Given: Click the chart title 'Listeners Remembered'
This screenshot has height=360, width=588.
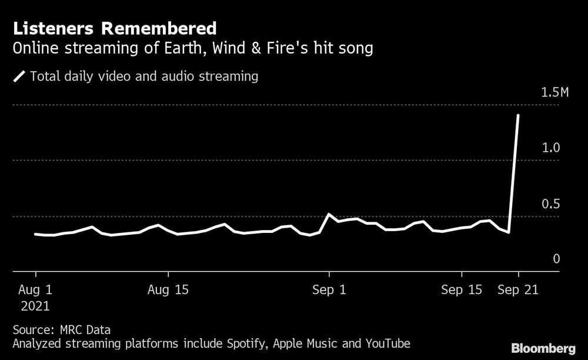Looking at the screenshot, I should [x=115, y=28].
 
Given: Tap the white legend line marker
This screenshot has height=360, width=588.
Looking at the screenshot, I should [x=20, y=76].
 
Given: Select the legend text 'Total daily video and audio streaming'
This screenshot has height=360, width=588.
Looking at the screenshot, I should [x=144, y=76].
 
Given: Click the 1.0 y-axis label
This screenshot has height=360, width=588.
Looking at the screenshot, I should [x=550, y=148].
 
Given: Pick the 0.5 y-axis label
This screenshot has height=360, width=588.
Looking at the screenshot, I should [x=550, y=204].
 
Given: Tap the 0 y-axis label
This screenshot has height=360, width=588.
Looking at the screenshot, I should [x=557, y=259].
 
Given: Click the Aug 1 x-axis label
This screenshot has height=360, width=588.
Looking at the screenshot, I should [x=36, y=290].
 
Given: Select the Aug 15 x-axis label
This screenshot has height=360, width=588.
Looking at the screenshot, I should [x=168, y=290].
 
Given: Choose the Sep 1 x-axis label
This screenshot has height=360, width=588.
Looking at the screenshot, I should [x=329, y=290].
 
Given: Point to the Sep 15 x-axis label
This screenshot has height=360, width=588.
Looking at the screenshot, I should [x=462, y=290].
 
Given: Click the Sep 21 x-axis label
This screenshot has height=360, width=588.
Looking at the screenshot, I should [x=518, y=290].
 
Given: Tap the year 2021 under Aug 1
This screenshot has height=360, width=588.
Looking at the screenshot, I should [x=36, y=306].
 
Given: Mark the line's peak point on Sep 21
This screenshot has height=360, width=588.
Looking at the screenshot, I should [x=518, y=115].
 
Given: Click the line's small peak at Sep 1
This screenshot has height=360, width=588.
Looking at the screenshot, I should [x=329, y=214].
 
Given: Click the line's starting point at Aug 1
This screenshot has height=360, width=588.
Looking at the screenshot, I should [x=36, y=234].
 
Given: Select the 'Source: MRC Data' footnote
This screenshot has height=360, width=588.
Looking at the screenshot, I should [x=61, y=329].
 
